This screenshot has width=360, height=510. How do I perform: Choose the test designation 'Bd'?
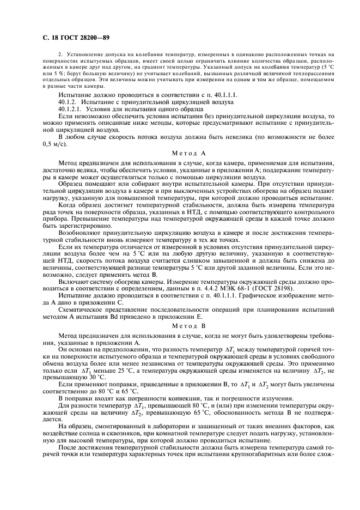[x=141, y=316]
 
